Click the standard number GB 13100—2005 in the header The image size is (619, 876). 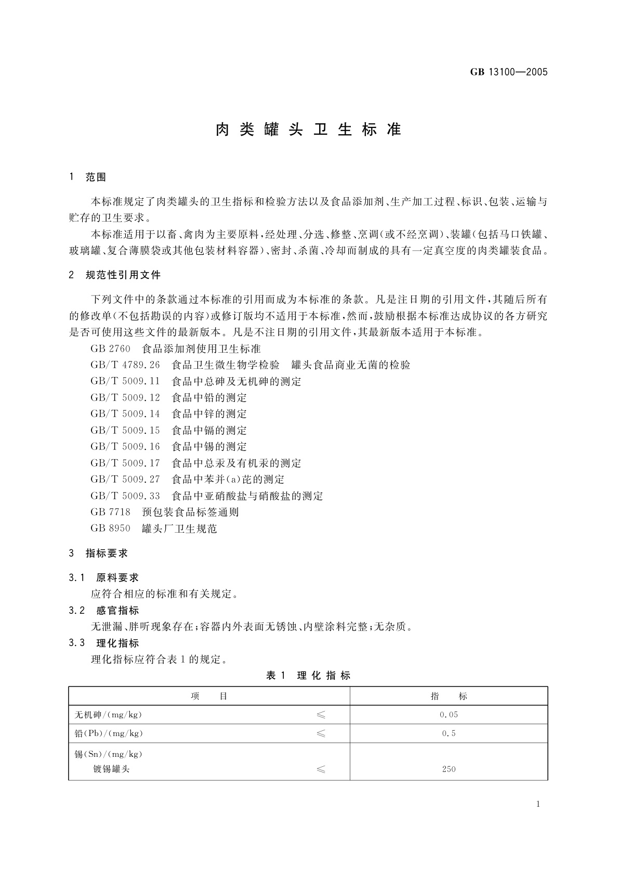pos(509,72)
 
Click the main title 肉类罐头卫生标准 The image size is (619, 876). pos(309,130)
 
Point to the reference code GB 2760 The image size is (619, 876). pos(110,349)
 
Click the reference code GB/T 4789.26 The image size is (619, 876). pos(125,365)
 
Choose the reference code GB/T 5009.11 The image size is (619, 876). pos(125,381)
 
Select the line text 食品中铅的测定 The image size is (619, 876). pos(209,398)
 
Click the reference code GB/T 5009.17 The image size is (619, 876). pos(125,463)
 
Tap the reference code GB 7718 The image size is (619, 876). pos(110,512)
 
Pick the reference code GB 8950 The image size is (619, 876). pos(110,529)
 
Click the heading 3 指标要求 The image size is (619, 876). pos(98,553)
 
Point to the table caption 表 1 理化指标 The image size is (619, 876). pos(308,676)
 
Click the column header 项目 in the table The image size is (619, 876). pos(209,696)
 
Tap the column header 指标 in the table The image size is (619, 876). pos(449,696)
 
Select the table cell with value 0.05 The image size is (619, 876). pos(449,715)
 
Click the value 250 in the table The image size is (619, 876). pos(449,769)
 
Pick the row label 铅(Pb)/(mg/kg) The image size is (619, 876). pos(109,733)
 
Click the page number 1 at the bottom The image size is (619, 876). pos(538,804)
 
